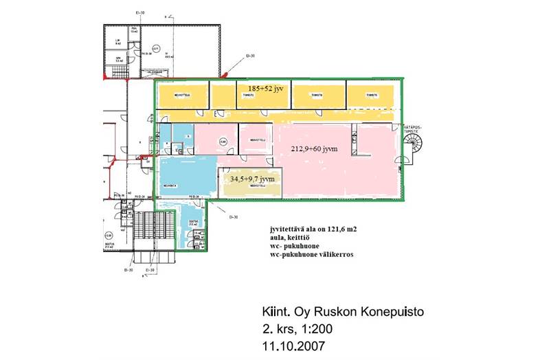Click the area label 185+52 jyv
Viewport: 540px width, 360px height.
tap(260, 89)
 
